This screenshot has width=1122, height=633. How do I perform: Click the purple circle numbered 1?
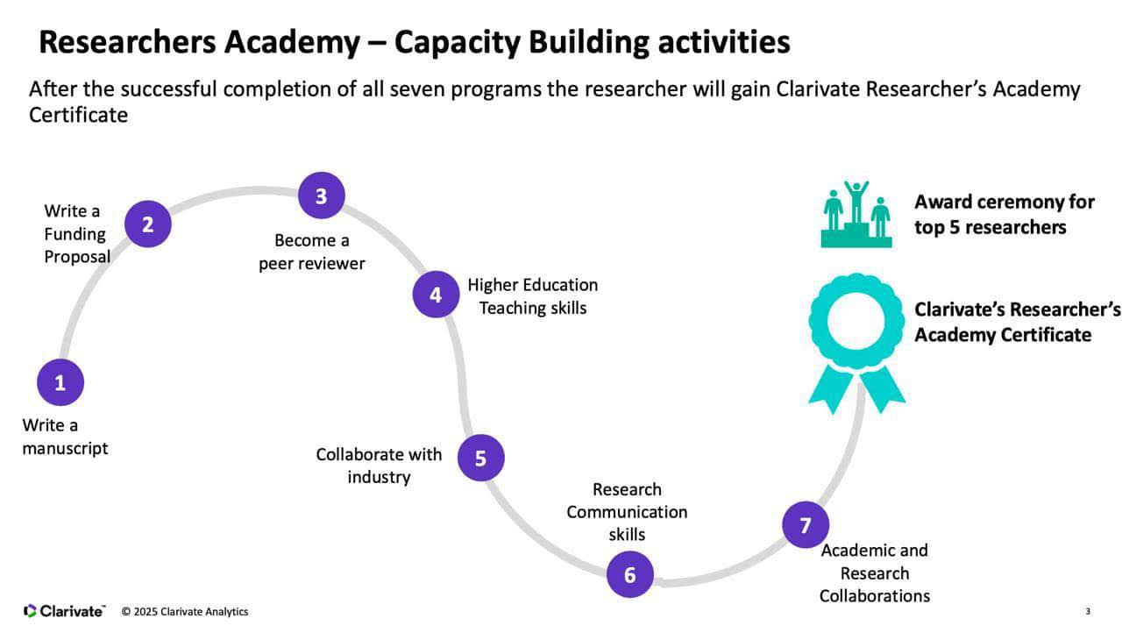60,383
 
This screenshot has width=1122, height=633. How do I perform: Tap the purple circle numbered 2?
147,224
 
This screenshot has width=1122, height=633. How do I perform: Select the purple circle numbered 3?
321,196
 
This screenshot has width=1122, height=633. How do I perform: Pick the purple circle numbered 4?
436,295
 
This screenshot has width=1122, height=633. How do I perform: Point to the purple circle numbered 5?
480,458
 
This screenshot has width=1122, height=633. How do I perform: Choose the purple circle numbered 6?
629,574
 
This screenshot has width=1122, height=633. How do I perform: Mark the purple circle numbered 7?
805,525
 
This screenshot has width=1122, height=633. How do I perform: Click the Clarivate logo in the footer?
64,611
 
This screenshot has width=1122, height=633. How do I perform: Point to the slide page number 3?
1088,611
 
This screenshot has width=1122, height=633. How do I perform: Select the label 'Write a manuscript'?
65,437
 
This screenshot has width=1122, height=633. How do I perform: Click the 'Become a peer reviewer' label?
311,252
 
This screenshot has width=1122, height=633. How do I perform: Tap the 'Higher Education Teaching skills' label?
532,296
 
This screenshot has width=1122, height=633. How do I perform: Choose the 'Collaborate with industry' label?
379,466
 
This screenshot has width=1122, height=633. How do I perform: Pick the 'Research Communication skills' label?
627,512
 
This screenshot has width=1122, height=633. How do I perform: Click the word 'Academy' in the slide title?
305,41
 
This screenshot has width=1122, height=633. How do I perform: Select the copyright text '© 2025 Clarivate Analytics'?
185,611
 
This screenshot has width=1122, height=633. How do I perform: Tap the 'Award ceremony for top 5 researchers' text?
1004,214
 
